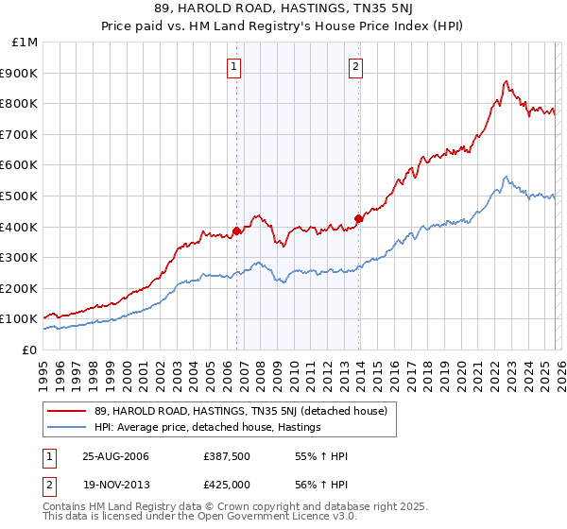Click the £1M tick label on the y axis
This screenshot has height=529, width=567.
pyautogui.click(x=25, y=42)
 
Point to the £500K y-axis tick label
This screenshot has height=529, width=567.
pyautogui.click(x=20, y=196)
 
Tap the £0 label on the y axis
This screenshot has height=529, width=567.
pyautogui.click(x=30, y=350)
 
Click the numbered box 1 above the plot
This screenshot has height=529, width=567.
pyautogui.click(x=233, y=66)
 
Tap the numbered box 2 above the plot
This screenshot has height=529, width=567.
pyautogui.click(x=355, y=66)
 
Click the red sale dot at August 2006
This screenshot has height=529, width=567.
pyautogui.click(x=236, y=230)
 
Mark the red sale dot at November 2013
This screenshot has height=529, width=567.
pyautogui.click(x=358, y=218)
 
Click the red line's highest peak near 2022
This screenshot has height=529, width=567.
pyautogui.click(x=507, y=81)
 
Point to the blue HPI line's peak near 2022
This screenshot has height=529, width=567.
pyautogui.click(x=507, y=177)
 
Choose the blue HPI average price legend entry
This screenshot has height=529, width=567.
pyautogui.click(x=208, y=427)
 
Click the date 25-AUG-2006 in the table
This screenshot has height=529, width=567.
pyautogui.click(x=115, y=456)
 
